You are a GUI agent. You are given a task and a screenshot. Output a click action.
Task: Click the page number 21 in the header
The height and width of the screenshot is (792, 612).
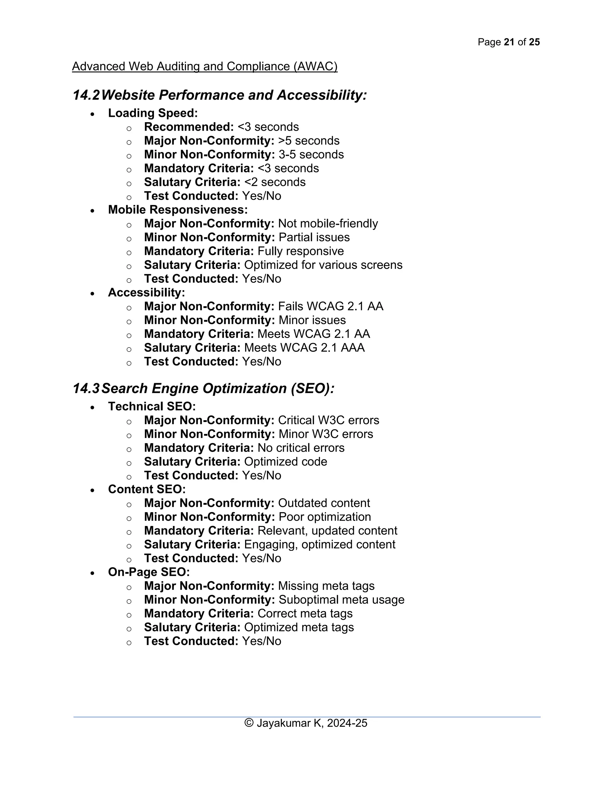click(509, 42)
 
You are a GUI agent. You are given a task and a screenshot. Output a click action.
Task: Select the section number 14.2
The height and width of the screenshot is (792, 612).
click(86, 95)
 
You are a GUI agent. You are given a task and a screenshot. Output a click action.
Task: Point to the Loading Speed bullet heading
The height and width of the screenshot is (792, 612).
click(153, 113)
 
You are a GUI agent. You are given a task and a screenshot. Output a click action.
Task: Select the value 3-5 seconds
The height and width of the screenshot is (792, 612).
click(311, 155)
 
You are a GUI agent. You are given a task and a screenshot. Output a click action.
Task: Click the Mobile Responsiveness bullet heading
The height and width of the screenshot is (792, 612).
click(178, 210)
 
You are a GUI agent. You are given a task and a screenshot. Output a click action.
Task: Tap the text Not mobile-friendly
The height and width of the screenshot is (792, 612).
click(328, 223)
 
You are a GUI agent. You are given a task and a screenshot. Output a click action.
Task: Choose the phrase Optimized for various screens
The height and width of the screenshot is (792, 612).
click(323, 265)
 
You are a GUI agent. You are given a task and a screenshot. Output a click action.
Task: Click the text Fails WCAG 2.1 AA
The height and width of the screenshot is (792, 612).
click(330, 306)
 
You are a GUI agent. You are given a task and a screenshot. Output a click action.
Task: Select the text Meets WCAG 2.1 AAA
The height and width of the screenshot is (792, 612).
click(304, 348)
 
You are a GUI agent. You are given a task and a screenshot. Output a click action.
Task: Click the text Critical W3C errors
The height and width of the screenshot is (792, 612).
click(328, 420)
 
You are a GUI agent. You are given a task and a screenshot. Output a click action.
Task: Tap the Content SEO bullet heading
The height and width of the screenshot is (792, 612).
click(146, 489)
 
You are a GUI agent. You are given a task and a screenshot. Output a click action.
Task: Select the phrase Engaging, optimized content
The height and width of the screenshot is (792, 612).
click(319, 545)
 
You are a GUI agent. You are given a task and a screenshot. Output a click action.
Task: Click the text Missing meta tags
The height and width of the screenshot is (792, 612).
click(326, 586)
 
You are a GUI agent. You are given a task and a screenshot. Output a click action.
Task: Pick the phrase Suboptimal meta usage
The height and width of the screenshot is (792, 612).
click(341, 600)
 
